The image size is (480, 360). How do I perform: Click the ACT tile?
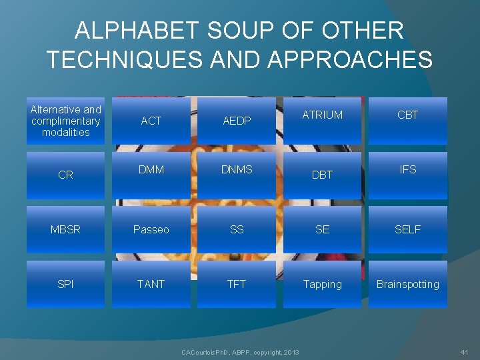(151, 121)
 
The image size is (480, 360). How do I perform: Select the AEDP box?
(237, 121)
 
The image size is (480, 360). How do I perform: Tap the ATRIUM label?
(322, 115)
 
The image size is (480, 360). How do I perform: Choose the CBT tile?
(407, 115)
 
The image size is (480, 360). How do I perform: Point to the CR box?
(65, 175)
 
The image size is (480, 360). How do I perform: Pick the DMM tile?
(151, 170)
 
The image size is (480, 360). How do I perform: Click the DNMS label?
(237, 170)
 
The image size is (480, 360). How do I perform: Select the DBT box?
(322, 175)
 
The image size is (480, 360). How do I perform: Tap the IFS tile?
(407, 170)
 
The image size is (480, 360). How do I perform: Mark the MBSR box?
(65, 229)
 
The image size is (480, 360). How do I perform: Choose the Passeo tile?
(151, 229)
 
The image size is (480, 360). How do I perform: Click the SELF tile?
(407, 229)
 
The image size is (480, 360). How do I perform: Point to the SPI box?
(65, 284)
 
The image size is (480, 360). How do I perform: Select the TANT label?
(151, 284)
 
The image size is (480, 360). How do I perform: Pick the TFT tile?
(237, 284)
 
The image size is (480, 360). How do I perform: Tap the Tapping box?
(322, 284)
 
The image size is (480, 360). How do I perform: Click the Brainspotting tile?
(407, 284)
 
